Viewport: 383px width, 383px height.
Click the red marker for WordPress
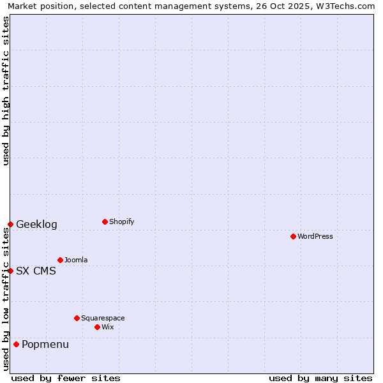(293, 237)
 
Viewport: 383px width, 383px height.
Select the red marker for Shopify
(105, 222)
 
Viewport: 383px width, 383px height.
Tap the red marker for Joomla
(60, 260)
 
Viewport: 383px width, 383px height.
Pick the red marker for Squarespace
(77, 318)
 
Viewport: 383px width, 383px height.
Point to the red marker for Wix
(97, 327)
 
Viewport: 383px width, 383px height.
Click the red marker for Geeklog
(10, 224)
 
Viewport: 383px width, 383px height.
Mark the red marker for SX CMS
(10, 271)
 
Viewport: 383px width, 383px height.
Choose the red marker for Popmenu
(16, 345)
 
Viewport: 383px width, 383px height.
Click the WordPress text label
(315, 237)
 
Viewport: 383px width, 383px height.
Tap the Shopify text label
(122, 222)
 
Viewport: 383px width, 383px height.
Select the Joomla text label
(76, 260)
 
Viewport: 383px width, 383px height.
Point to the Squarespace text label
(103, 318)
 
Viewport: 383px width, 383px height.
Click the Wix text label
(108, 327)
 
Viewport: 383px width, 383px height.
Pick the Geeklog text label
(36, 225)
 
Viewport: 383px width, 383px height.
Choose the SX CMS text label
(36, 271)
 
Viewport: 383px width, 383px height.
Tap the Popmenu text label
(45, 345)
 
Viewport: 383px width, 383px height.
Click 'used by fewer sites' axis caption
(66, 378)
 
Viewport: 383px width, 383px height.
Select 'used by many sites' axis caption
(320, 378)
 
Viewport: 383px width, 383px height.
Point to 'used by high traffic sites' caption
(6, 91)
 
